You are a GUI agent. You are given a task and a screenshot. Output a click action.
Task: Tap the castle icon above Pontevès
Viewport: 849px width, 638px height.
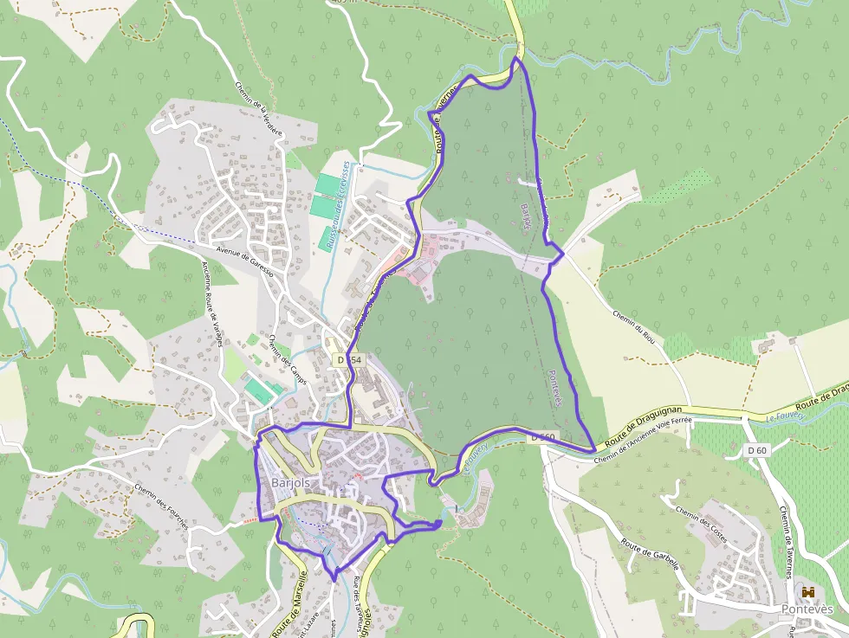(809, 592)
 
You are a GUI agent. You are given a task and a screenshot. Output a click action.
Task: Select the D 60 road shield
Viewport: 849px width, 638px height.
(757, 450)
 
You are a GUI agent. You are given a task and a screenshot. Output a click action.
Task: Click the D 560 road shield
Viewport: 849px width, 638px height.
(543, 437)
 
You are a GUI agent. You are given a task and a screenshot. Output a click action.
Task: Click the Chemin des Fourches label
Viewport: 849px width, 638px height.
(161, 510)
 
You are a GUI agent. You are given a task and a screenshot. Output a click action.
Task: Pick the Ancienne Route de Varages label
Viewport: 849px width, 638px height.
(212, 303)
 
